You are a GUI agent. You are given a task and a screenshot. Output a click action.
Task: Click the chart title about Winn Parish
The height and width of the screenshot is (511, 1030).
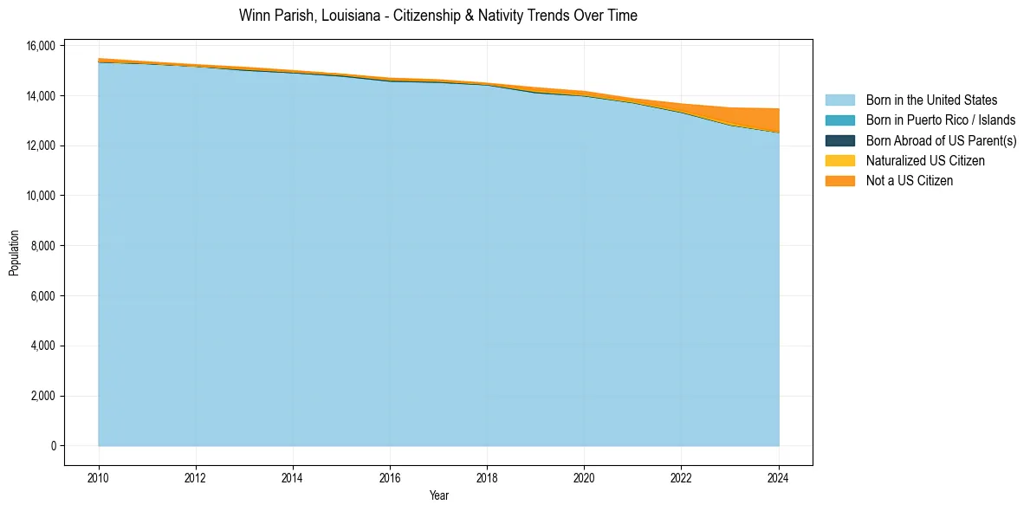click(437, 16)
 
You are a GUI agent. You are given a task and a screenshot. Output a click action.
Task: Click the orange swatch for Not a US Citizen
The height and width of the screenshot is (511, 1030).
click(839, 180)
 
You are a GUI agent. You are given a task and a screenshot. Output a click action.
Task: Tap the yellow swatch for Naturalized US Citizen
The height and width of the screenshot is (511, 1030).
click(839, 160)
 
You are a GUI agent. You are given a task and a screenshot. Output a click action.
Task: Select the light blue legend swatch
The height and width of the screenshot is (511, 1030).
click(839, 100)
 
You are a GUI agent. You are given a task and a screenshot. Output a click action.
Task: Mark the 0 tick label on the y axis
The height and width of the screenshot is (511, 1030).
click(53, 446)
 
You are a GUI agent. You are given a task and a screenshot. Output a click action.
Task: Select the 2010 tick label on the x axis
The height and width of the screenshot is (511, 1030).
click(99, 476)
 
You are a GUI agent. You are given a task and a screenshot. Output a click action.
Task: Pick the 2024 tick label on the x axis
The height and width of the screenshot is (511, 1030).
click(779, 476)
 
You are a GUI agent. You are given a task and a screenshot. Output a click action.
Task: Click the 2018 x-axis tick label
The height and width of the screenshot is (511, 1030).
click(487, 476)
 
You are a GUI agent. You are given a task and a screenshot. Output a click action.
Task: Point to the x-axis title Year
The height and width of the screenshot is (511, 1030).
click(438, 495)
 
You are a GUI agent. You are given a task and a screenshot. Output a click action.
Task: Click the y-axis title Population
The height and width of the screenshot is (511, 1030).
click(14, 253)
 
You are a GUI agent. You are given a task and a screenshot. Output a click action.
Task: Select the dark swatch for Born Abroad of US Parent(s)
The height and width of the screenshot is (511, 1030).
click(839, 140)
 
